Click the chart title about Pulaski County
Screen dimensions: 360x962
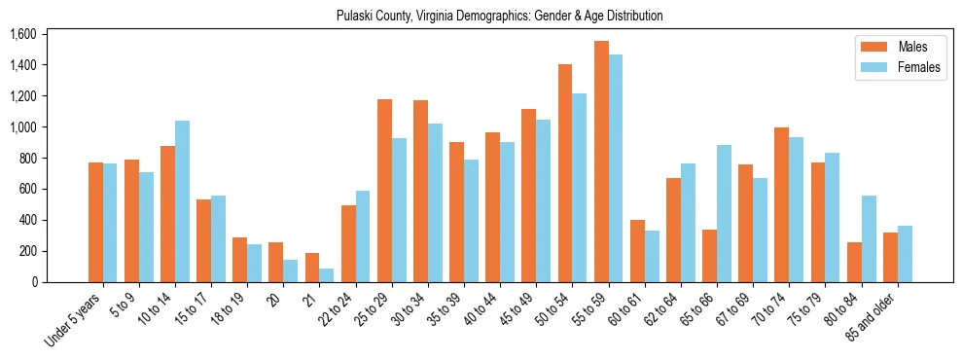coord(499,16)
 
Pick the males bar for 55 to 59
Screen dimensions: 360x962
coord(601,162)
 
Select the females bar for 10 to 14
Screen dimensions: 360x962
coord(182,201)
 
